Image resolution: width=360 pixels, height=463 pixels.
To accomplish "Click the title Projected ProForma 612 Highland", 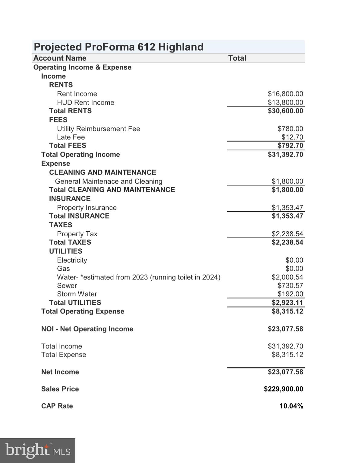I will (118, 47).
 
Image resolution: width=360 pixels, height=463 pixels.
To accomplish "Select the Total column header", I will (237, 58).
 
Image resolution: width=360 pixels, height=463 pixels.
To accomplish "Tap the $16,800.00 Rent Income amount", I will (285, 94).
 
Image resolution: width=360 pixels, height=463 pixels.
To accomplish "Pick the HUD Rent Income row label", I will (86, 102).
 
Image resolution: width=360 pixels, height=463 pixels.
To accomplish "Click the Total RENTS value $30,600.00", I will (285, 111).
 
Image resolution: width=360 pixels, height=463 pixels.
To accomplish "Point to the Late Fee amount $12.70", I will (292, 137).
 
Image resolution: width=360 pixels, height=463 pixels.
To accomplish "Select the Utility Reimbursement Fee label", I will (98, 129).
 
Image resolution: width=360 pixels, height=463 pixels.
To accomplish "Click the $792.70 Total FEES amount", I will (290, 146).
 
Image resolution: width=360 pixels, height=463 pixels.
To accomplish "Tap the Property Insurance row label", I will (87, 208).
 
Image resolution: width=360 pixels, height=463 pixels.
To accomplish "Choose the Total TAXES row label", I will (70, 242).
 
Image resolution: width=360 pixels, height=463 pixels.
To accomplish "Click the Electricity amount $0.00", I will (294, 260).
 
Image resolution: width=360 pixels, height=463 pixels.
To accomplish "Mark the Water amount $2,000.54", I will (287, 277).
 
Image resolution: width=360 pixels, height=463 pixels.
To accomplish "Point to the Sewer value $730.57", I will (290, 285).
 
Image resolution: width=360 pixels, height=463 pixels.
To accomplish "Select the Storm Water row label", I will (77, 294).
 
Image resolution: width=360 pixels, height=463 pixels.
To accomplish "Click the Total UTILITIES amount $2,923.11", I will (287, 303).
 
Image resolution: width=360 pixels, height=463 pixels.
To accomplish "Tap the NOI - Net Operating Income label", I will (87, 329).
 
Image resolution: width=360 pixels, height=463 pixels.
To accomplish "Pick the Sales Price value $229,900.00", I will (283, 389).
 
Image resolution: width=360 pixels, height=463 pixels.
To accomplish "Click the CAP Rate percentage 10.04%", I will (291, 406).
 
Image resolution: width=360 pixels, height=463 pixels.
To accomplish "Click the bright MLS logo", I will (38, 450).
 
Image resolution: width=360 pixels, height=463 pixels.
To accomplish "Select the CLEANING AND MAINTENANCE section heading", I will (103, 172).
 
